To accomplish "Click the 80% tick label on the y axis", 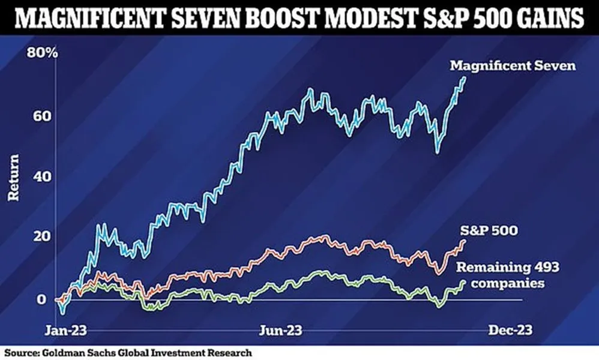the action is tap(42, 53).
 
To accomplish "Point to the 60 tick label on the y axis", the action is tap(42, 116).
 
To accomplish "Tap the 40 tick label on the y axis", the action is tap(42, 176).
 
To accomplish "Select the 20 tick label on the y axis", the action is tap(42, 236).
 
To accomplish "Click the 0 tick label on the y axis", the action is tap(41, 299).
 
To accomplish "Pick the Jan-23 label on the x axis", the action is tap(65, 330).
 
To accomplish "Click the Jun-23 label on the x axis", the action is tap(280, 330).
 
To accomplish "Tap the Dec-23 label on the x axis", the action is tap(510, 330).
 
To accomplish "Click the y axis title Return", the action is tap(13, 177).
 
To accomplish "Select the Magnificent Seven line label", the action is tap(513, 65).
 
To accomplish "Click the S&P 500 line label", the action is tap(489, 230).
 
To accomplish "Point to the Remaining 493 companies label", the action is tap(508, 275).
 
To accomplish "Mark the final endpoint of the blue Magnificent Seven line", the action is tap(465, 78).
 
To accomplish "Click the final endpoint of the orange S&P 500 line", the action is tap(464, 241).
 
